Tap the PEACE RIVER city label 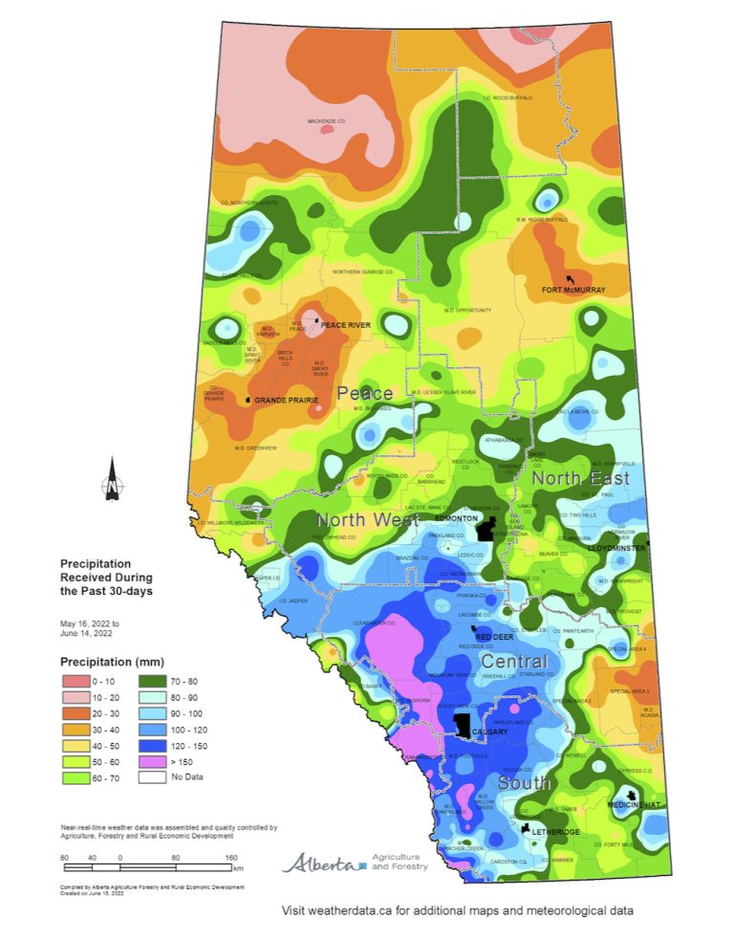pos(345,325)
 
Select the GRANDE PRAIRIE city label pos(285,400)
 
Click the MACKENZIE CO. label pos(326,121)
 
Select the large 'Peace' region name pos(364,393)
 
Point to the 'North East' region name pos(580,477)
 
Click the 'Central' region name pos(514,662)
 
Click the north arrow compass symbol pos(112,479)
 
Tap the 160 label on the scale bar pos(230,858)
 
